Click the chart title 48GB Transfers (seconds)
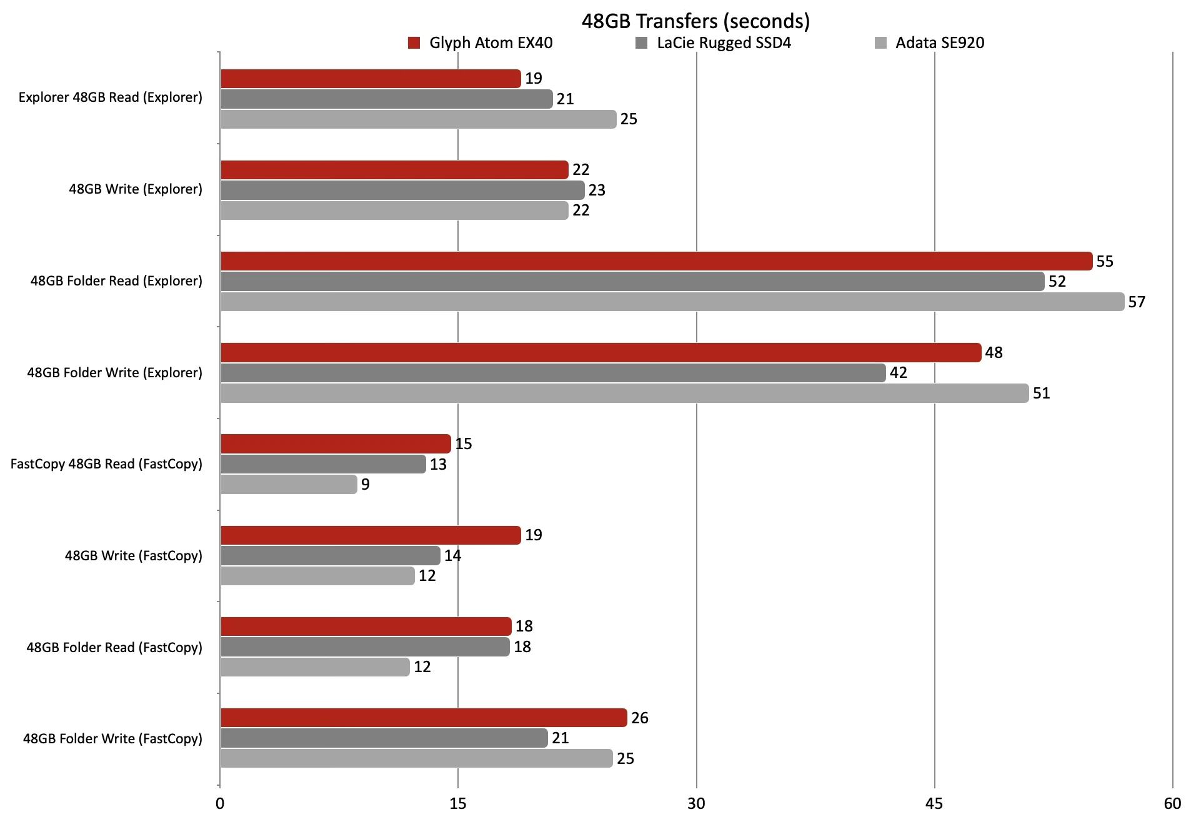click(x=695, y=21)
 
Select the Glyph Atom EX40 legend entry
click(x=481, y=43)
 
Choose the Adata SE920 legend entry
click(x=930, y=43)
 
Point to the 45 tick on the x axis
click(x=934, y=803)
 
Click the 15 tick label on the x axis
click(x=458, y=803)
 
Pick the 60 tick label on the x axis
click(x=1173, y=803)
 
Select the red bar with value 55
click(x=656, y=261)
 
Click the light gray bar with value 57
click(x=672, y=302)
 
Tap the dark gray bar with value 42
click(x=553, y=373)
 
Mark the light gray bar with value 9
click(x=289, y=485)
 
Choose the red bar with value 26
click(x=424, y=718)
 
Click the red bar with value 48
click(x=600, y=353)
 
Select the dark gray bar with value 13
click(x=323, y=464)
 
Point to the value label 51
click(x=1041, y=394)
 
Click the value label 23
click(x=597, y=190)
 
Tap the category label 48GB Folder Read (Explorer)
click(x=116, y=281)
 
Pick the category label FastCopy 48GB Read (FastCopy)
click(x=106, y=464)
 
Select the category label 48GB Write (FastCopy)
click(x=133, y=555)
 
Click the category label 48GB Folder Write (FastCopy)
click(x=112, y=738)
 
